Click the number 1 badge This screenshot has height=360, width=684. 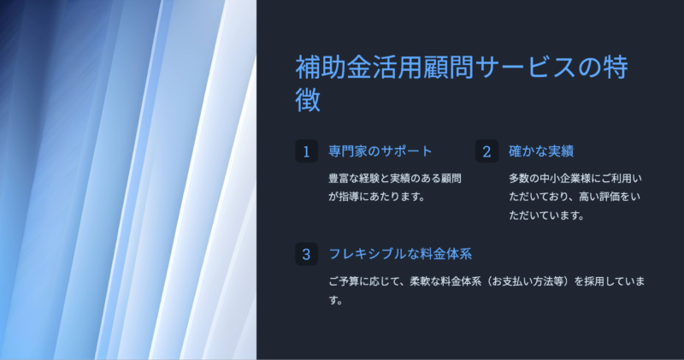point(306,151)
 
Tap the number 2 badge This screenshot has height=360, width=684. point(486,151)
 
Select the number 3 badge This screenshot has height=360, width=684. point(306,254)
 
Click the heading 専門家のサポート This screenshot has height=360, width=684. point(380,151)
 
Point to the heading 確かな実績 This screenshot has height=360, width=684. point(541,151)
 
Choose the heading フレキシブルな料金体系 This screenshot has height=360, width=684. point(400,254)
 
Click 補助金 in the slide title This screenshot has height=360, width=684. point(333,68)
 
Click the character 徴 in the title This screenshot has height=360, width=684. point(308,100)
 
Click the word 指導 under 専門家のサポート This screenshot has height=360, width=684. point(349,197)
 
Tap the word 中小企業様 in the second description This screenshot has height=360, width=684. point(565,179)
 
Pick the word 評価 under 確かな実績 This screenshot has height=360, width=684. point(610,197)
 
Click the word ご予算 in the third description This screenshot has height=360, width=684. point(344,281)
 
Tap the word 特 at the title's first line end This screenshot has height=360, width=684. point(615,68)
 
